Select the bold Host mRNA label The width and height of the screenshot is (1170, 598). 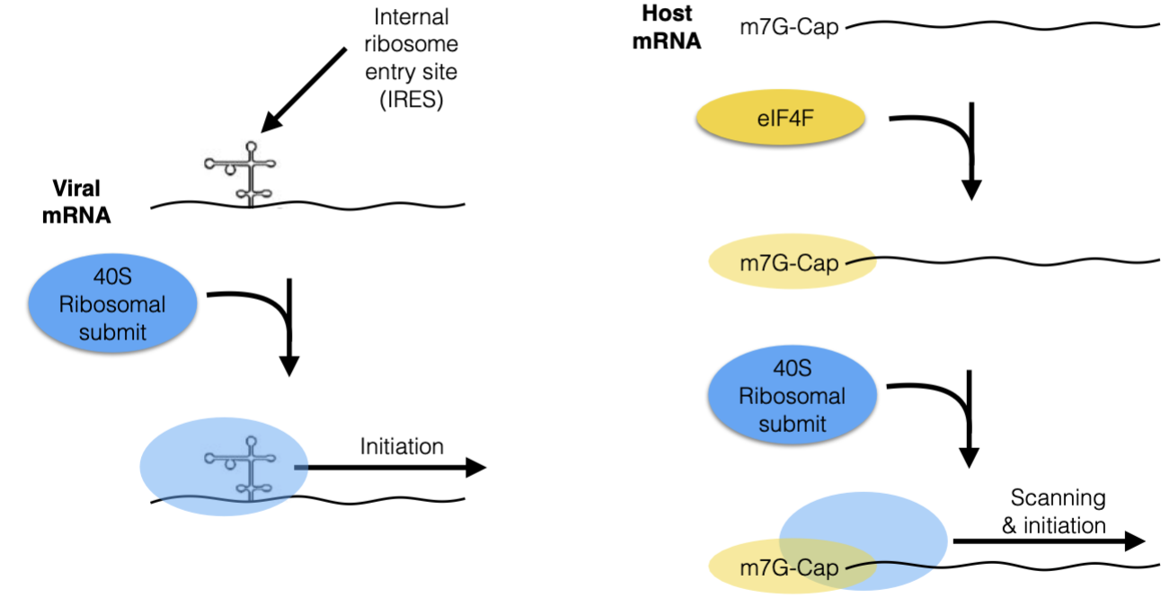click(666, 28)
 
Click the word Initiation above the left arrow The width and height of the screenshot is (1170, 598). click(402, 445)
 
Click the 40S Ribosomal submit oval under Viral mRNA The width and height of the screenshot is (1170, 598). click(111, 305)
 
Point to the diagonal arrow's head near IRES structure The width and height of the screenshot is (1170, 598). click(269, 127)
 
